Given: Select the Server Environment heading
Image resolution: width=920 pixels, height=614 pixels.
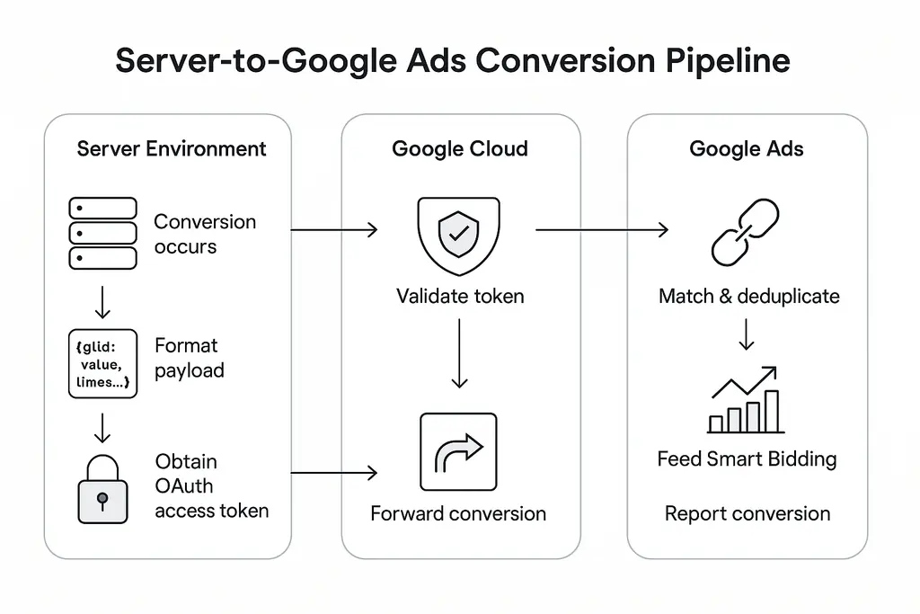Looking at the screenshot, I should click(x=172, y=148).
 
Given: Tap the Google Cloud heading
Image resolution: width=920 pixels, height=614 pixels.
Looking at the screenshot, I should click(x=460, y=148).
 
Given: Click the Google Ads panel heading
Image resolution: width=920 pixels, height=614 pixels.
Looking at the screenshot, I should click(x=747, y=148).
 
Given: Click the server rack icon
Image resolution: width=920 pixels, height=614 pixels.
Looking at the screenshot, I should click(x=102, y=234).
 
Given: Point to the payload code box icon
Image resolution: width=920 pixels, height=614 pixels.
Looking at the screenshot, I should click(x=102, y=364).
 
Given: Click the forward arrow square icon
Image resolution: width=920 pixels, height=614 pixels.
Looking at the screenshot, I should click(x=458, y=451).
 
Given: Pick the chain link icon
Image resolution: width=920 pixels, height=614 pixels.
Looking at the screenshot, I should click(x=746, y=232).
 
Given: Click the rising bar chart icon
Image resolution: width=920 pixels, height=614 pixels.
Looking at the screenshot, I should click(x=746, y=400).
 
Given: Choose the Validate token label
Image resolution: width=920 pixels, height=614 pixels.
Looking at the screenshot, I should click(x=460, y=296).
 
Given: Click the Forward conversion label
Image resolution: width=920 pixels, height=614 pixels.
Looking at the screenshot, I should click(x=458, y=513).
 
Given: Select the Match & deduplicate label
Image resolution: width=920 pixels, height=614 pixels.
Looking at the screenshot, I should click(x=748, y=296).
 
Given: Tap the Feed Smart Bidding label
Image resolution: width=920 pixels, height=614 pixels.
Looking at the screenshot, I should click(x=747, y=459).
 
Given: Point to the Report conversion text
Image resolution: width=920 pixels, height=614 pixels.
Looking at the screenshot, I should click(x=747, y=513).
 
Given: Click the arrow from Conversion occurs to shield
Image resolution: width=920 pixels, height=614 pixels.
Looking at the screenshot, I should click(x=334, y=231).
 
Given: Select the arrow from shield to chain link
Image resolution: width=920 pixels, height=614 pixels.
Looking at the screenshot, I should click(x=602, y=231).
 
